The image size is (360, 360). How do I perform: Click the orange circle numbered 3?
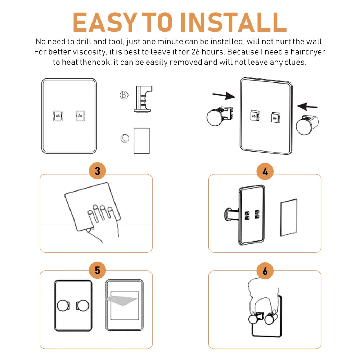coord(97,171)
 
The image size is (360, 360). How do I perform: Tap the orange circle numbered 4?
coord(265,171)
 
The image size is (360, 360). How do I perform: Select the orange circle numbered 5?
coord(97,270)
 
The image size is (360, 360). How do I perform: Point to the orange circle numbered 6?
coord(265,271)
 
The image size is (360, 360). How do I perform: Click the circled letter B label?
coord(124,95)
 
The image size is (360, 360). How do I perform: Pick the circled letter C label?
coord(125,138)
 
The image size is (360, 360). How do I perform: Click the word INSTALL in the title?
coord(234,22)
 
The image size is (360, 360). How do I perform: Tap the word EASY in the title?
coord(105,22)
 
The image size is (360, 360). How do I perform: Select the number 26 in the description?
coord(195,52)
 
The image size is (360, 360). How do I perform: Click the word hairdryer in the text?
coord(308,52)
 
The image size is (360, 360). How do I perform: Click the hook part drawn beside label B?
coord(143,99)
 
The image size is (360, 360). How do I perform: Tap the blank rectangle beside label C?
coord(141,141)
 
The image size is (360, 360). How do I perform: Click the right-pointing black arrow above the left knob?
coord(224,95)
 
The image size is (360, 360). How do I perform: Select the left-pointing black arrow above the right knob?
coord(307,107)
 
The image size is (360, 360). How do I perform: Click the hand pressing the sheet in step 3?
coord(103,220)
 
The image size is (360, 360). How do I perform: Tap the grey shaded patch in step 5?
coord(121,300)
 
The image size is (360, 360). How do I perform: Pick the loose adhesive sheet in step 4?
coord(289,217)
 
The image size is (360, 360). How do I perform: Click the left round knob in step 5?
coord(63,305)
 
